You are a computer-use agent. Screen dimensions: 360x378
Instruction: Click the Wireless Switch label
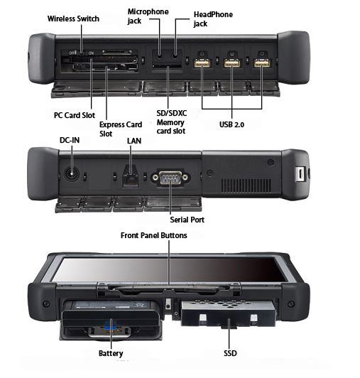coord(73,18)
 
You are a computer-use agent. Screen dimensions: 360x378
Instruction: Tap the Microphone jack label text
coord(148,16)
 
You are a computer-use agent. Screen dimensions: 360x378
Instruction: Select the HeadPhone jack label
coord(213,19)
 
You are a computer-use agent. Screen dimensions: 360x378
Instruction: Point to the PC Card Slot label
coord(75,115)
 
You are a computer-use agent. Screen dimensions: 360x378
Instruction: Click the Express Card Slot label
coord(121,129)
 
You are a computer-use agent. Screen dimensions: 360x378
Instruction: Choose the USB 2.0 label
coord(231,124)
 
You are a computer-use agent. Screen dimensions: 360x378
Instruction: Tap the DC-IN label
coord(70,140)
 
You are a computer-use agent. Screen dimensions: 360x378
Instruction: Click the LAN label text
coord(134,141)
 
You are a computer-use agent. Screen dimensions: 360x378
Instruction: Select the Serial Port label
coord(187,220)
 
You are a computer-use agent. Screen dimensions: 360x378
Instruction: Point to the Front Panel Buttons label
coord(154,235)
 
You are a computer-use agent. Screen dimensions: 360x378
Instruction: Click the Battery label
coord(111,353)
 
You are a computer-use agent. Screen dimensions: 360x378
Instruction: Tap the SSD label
coord(230,353)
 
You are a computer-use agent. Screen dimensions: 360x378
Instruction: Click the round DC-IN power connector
coord(72,174)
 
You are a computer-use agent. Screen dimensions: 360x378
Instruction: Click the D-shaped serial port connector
coord(170,178)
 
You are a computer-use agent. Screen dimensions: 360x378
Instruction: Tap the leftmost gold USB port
coord(202,63)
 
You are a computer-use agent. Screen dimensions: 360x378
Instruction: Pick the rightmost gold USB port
coord(262,63)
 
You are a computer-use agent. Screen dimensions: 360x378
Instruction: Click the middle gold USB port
coord(231,63)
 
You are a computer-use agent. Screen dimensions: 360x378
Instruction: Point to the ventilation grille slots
coord(246,185)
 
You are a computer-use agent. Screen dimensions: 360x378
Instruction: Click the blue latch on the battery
coord(109,327)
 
